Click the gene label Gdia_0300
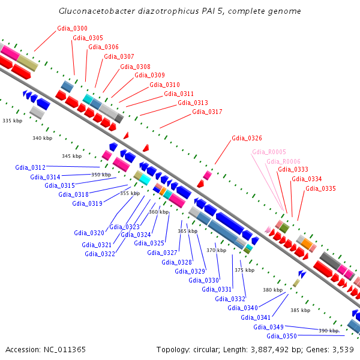(72, 28)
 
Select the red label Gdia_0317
(207, 112)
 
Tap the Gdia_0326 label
(247, 139)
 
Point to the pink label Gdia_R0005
(269, 152)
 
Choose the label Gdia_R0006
(283, 162)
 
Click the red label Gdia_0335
(320, 188)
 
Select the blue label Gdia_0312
(31, 167)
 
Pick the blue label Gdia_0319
(87, 203)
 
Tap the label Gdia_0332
(230, 299)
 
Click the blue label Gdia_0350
(282, 336)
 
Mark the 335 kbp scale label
(11, 121)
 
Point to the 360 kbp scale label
(158, 212)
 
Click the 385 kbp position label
(300, 311)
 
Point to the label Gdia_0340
(243, 308)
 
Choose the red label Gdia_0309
(149, 76)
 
